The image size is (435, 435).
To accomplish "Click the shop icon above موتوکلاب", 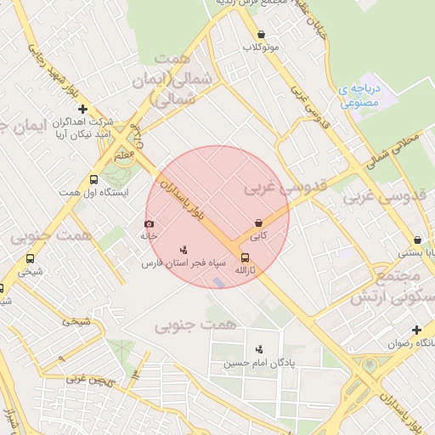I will coord(260,35).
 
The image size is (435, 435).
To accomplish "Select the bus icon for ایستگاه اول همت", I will coord(93,180).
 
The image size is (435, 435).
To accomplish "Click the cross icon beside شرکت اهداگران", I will coord(82,109).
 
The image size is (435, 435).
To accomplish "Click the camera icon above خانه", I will coord(149,224).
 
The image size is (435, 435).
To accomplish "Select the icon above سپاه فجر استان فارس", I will coord(183,250).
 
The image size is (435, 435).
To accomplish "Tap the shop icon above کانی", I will coord(257,223).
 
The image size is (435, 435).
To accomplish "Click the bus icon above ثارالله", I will coord(245,257).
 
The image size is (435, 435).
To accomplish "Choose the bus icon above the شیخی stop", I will coord(31,258).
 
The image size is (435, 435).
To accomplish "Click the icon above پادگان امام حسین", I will coord(259,349).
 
